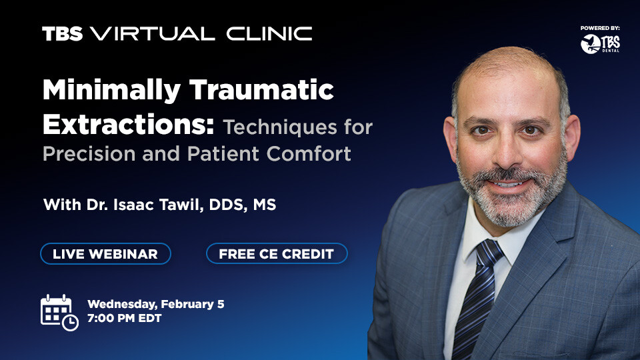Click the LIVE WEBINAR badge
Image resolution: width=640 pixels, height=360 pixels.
click(x=105, y=253)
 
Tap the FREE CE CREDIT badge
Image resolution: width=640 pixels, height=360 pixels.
click(x=277, y=253)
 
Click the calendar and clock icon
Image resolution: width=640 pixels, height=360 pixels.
click(x=59, y=311)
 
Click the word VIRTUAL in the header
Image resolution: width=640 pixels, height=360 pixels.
click(x=153, y=34)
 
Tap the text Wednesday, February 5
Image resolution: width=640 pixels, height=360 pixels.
click(x=155, y=304)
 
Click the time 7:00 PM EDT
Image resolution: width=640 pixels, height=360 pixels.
click(x=124, y=319)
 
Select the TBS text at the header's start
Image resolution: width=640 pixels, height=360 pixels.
click(x=62, y=34)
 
